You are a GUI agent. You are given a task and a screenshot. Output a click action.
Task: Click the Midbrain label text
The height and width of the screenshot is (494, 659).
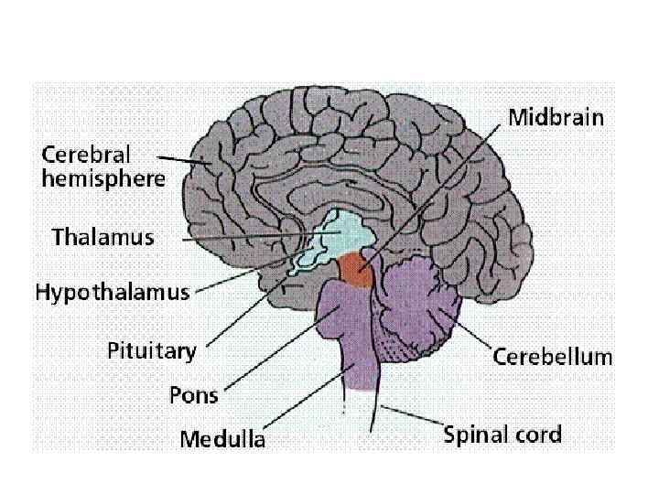coord(556,118)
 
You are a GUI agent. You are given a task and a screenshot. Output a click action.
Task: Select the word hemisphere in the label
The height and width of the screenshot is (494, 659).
coord(103,178)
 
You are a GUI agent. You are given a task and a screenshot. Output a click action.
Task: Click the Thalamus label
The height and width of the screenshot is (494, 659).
coord(103,238)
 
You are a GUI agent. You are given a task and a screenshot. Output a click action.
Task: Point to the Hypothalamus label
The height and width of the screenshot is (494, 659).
coord(113,294)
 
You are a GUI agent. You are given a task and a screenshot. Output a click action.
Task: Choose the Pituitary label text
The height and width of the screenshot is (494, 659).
coord(152,350)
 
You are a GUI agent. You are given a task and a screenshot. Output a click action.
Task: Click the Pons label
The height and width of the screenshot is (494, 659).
coord(194,395)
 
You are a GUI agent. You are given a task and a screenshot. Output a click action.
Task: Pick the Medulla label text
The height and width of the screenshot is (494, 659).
coord(222,439)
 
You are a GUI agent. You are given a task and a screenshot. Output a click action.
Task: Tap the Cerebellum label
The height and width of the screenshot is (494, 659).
coord(553,357)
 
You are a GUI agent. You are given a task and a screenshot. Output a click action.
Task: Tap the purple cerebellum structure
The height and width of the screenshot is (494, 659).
coord(416,302)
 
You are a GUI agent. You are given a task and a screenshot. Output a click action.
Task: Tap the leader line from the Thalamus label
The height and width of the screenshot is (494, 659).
coord(247,238)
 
